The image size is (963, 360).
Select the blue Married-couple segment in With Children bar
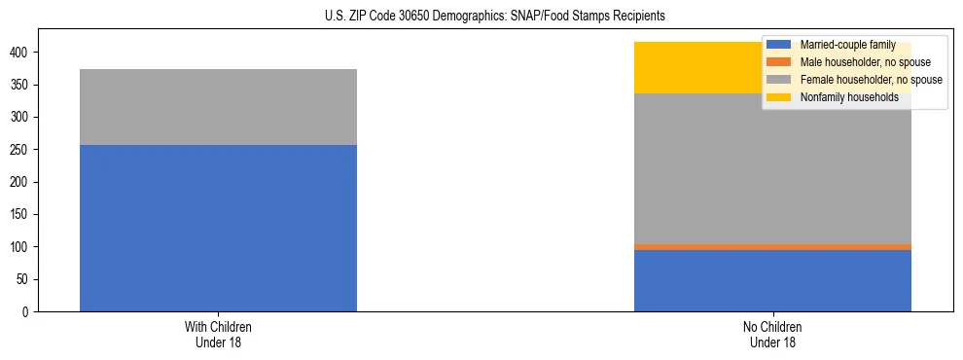[218, 228]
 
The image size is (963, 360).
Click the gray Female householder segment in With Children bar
[218, 107]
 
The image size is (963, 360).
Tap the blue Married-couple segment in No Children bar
[772, 280]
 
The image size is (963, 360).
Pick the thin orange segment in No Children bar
[772, 247]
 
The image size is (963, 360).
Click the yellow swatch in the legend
[779, 97]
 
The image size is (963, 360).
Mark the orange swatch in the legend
[779, 62]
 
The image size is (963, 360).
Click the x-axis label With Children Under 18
[218, 335]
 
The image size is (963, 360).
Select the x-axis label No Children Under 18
[772, 335]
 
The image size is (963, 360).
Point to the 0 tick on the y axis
[28, 312]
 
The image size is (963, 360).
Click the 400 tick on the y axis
[22, 53]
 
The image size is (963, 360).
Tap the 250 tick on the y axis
[22, 150]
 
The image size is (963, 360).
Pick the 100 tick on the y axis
[22, 247]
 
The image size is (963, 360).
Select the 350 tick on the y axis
[22, 85]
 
